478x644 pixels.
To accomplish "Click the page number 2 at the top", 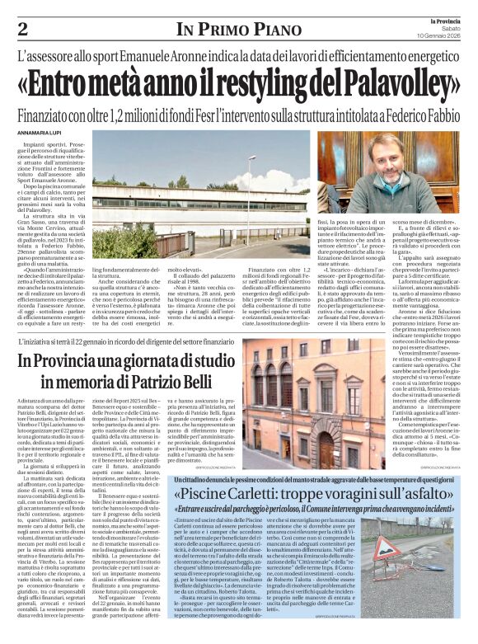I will [x=22, y=29].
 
